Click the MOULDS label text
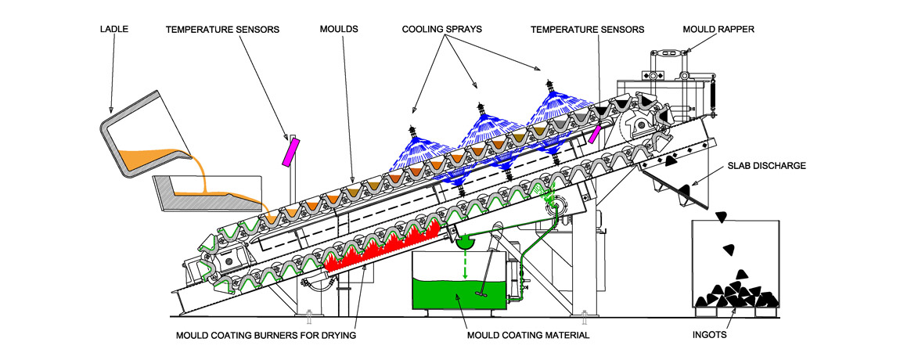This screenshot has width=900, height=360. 339,30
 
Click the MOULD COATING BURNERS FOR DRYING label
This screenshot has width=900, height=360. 270,335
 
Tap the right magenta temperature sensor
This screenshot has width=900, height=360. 596,132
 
